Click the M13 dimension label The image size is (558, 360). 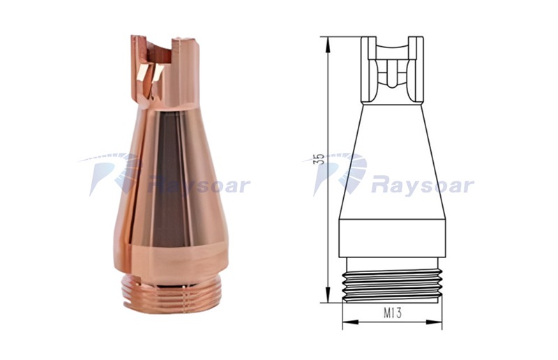pos(393,313)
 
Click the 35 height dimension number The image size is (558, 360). pos(320,159)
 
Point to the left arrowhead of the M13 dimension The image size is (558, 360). pos(350,322)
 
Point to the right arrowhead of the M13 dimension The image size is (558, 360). pos(434,322)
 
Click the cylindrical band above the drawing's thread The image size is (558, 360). pos(392,238)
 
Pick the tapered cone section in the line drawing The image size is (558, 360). pos(392,162)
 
